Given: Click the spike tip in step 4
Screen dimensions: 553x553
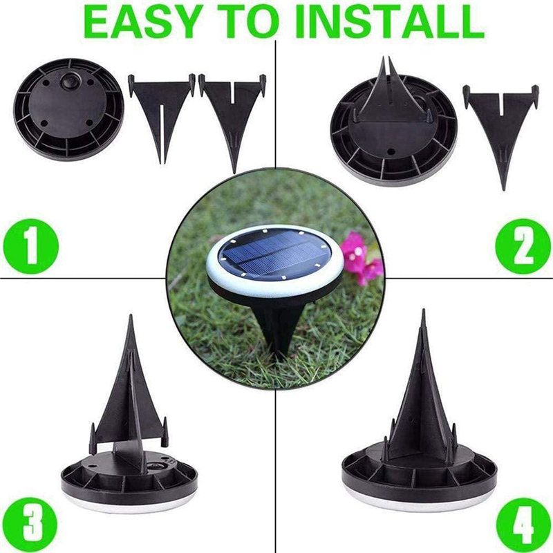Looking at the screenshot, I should [x=423, y=317].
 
